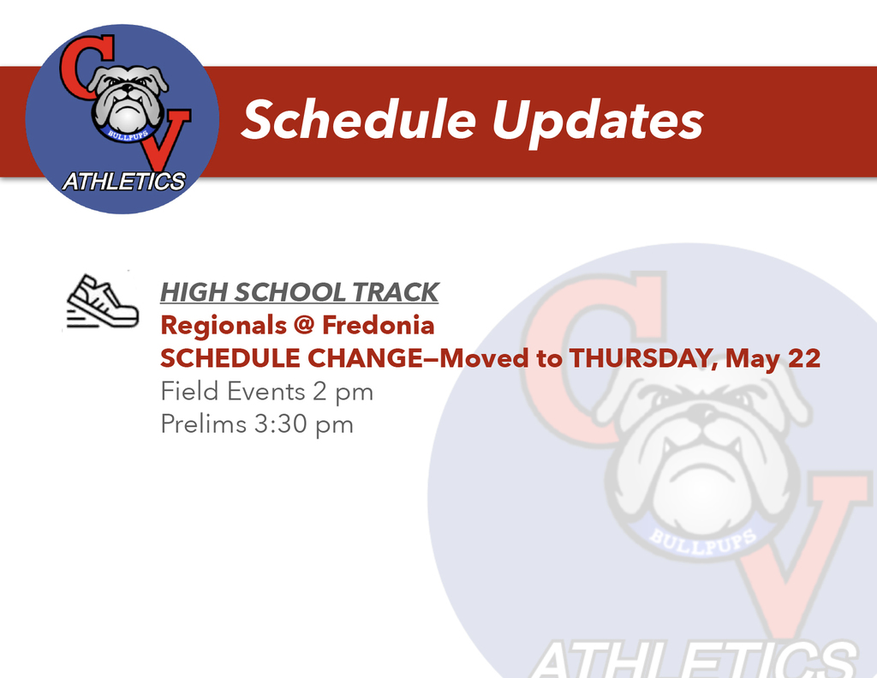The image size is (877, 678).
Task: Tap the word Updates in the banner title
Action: pyautogui.click(x=597, y=122)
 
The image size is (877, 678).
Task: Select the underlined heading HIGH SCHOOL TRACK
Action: pyautogui.click(x=299, y=292)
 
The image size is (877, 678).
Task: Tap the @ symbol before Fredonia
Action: pyautogui.click(x=304, y=326)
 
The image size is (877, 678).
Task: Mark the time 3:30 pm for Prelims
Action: pyautogui.click(x=304, y=424)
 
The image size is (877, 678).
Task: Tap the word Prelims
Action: pyautogui.click(x=203, y=424)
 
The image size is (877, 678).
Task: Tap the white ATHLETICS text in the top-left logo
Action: pyautogui.click(x=124, y=182)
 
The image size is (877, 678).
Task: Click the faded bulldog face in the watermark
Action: pyautogui.click(x=702, y=446)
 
